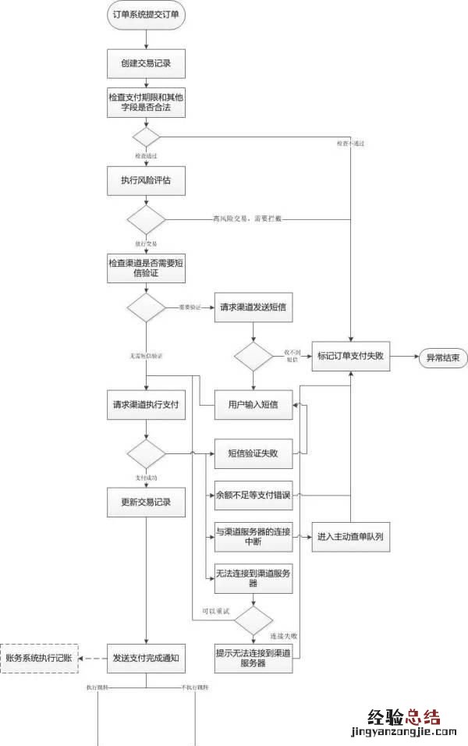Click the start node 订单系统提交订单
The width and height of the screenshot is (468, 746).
click(x=146, y=16)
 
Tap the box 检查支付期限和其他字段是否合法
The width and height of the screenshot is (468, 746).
click(x=146, y=103)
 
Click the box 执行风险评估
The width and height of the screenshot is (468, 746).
click(x=146, y=179)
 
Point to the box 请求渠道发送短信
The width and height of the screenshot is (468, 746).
click(x=252, y=307)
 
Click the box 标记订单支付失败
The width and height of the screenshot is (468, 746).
click(x=351, y=358)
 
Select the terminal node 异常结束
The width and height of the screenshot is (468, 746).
click(x=442, y=358)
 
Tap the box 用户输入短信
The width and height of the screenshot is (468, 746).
click(x=253, y=403)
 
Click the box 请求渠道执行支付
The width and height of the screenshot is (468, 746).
click(x=146, y=405)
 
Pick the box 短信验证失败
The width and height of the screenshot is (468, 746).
click(x=253, y=453)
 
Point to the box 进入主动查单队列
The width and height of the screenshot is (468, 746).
click(x=350, y=537)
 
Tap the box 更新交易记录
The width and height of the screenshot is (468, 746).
click(x=146, y=502)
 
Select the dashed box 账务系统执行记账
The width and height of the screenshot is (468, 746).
click(x=38, y=658)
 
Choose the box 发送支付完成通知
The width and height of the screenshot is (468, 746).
click(x=146, y=658)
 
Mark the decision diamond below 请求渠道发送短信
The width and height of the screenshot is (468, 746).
click(x=253, y=357)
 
